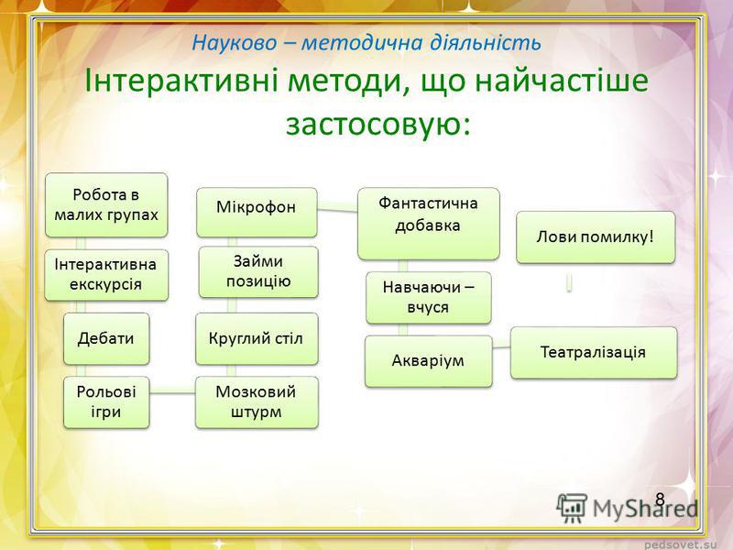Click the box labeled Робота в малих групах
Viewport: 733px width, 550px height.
click(x=106, y=204)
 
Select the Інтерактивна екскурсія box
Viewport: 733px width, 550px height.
click(x=106, y=274)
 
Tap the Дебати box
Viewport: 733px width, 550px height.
click(x=106, y=338)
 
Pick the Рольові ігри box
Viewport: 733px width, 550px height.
click(x=106, y=402)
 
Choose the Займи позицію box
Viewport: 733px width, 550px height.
click(x=258, y=271)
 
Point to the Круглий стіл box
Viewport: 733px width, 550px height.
click(x=257, y=338)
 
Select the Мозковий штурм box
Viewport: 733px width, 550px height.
click(x=257, y=402)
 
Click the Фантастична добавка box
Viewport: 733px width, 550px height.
click(x=429, y=224)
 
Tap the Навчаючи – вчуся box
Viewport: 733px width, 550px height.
click(x=429, y=297)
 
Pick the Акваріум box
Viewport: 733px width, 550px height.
click(x=429, y=361)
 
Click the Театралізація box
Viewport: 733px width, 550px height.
click(x=594, y=352)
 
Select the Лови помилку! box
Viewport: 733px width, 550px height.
click(x=596, y=237)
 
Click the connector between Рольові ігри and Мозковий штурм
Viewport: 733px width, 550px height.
click(x=172, y=393)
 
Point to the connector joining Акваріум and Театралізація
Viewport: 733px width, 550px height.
click(x=501, y=347)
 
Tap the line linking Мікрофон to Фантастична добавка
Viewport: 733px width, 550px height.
click(x=337, y=210)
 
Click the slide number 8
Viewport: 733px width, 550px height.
click(x=660, y=500)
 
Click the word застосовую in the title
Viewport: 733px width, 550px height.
click(x=377, y=124)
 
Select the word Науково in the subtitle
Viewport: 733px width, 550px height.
click(x=235, y=43)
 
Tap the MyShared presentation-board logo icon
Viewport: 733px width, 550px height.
click(x=572, y=508)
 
